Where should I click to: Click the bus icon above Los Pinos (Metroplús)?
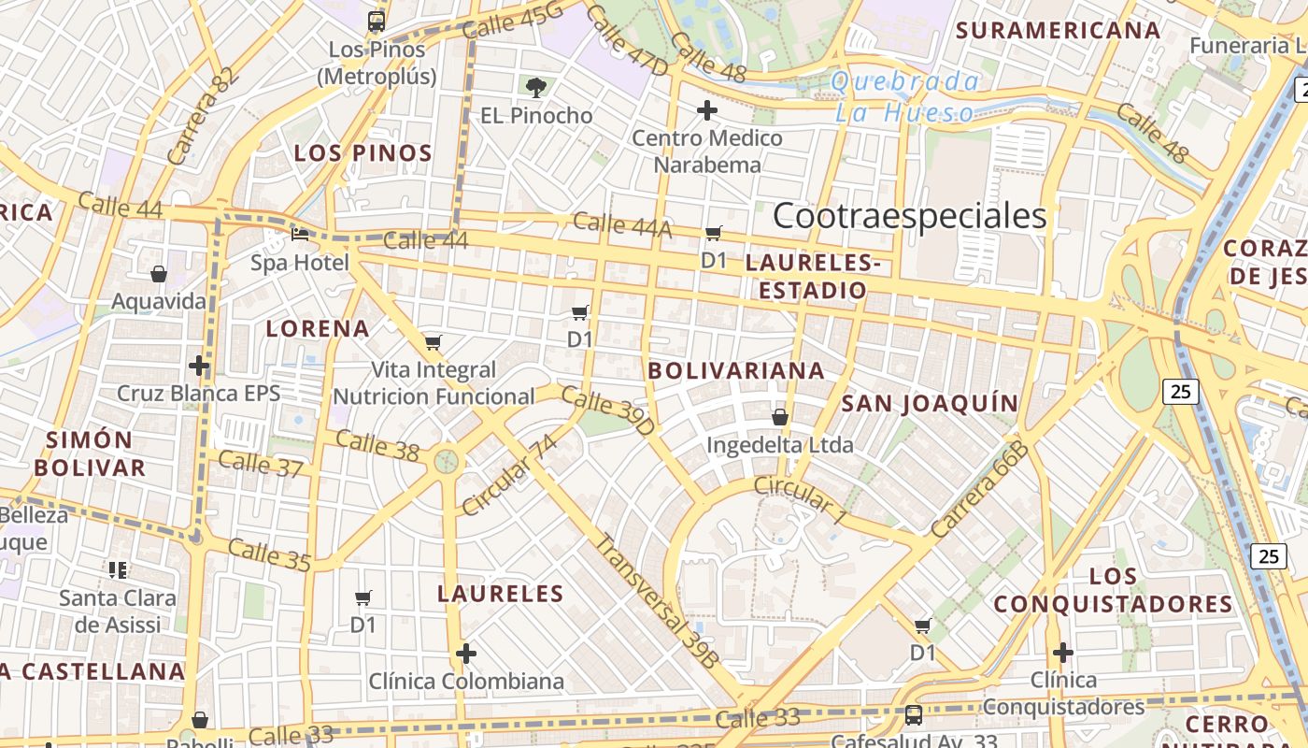(377, 20)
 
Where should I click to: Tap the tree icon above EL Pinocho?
(535, 88)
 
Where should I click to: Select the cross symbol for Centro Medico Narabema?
(707, 111)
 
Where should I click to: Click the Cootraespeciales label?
(909, 216)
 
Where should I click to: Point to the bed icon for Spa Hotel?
(300, 234)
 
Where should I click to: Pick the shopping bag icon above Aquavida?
(159, 274)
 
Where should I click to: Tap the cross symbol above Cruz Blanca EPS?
(199, 365)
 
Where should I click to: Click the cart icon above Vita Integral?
(433, 343)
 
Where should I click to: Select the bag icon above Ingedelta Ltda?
(780, 417)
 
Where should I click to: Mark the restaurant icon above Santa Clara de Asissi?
(118, 569)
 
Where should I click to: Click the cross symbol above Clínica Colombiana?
(466, 653)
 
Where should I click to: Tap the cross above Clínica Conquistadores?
(1062, 652)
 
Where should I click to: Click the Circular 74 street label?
(509, 474)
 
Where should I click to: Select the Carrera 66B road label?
(978, 488)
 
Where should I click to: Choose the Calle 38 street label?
(377, 445)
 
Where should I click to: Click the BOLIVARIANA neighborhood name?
(737, 370)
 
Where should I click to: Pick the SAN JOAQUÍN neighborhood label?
(930, 403)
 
